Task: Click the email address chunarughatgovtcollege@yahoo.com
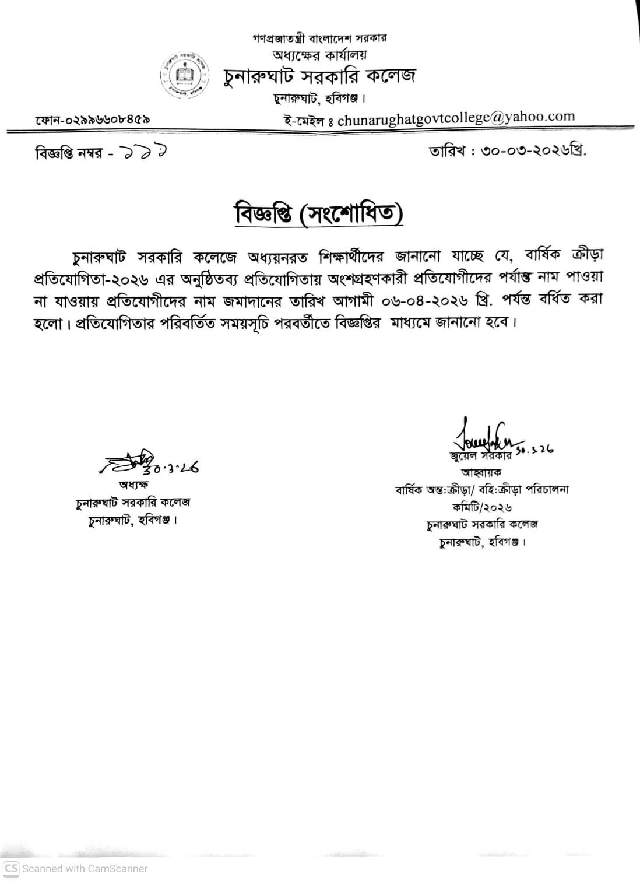456,118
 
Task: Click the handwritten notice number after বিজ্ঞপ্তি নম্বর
143,153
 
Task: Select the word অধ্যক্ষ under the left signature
133,485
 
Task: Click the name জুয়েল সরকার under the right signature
480,455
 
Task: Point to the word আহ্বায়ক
481,472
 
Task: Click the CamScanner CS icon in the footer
11,868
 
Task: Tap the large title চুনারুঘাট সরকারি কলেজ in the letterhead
320,76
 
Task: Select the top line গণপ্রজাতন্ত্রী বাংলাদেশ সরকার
320,38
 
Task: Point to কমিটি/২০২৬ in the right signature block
481,507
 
